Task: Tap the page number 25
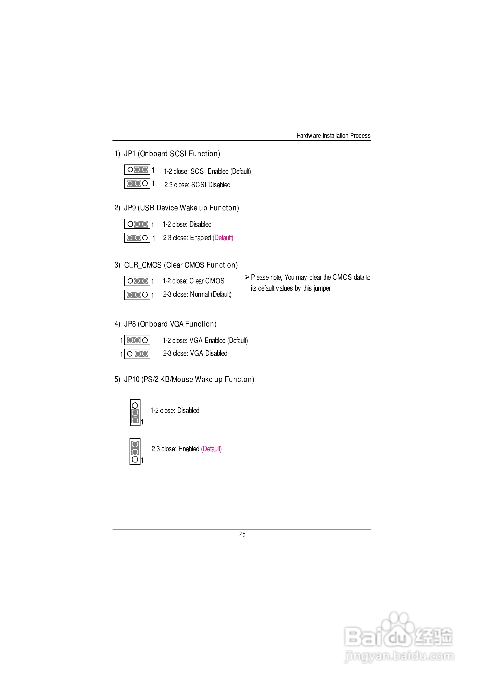[x=242, y=534]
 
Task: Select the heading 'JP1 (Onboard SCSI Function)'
[x=172, y=154]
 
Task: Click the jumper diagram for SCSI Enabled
[x=137, y=170]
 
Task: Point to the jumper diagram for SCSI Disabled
[x=137, y=183]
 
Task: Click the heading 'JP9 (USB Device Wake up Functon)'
[x=181, y=208]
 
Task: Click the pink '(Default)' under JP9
[x=223, y=238]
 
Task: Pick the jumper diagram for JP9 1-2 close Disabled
[x=137, y=224]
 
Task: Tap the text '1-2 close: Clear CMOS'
[x=193, y=281]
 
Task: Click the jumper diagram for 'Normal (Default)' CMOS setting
[x=137, y=295]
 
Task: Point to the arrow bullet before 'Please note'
[x=247, y=277]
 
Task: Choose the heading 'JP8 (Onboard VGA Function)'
[x=170, y=324]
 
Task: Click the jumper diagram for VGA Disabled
[x=137, y=354]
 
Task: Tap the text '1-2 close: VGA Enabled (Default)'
[x=205, y=340]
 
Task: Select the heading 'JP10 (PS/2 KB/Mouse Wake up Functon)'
[x=189, y=379]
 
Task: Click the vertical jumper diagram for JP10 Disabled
[x=135, y=413]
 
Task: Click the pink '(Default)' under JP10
[x=211, y=449]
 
